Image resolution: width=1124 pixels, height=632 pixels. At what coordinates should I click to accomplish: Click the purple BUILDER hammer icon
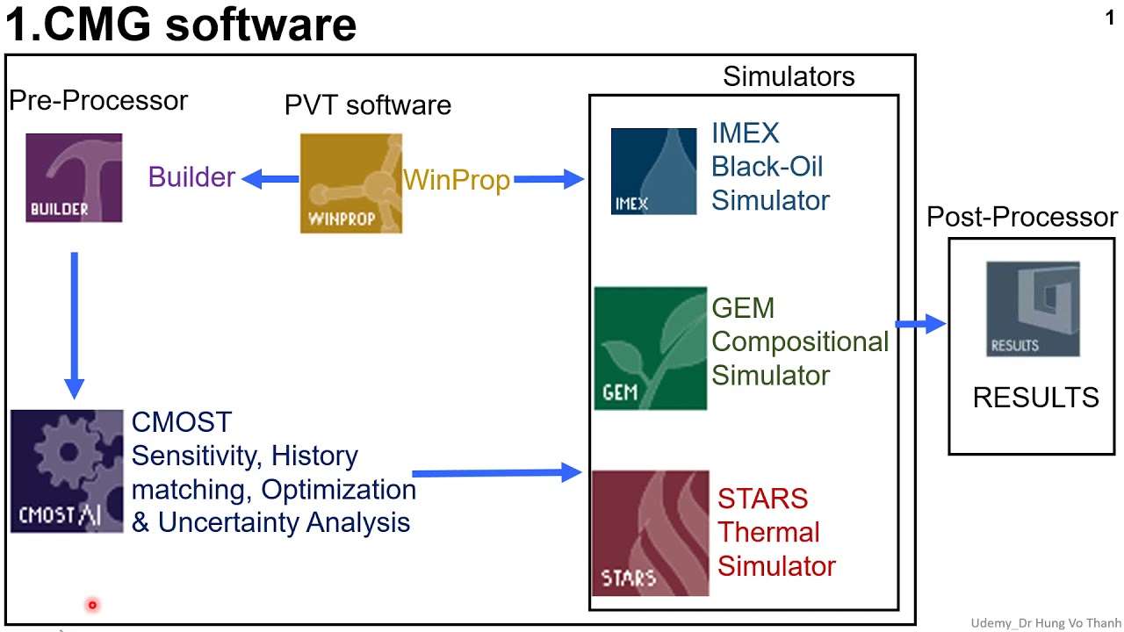[x=74, y=177]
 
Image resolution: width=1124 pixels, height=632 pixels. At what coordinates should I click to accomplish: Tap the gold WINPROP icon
[x=351, y=183]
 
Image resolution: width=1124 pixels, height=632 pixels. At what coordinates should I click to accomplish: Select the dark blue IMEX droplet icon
[x=653, y=171]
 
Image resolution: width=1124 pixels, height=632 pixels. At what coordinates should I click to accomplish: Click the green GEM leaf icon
[x=650, y=348]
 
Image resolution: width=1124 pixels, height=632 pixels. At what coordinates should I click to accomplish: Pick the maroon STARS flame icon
[x=650, y=533]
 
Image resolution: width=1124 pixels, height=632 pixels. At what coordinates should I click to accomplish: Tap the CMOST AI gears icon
[x=67, y=470]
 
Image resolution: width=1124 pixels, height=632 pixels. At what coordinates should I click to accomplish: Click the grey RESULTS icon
[x=1033, y=309]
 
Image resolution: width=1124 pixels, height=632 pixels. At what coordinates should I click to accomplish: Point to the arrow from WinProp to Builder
[x=270, y=179]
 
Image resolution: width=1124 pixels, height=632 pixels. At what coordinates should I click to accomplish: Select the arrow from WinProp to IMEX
[x=549, y=180]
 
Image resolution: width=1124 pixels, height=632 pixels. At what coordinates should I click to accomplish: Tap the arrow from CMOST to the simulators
[x=497, y=474]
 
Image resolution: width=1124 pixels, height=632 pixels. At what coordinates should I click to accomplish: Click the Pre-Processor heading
[x=98, y=101]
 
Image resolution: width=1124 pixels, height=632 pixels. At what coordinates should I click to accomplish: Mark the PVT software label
[x=368, y=105]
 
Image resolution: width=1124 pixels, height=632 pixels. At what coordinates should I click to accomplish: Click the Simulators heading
[x=789, y=77]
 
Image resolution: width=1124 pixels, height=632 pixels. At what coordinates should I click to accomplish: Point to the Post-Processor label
[x=1022, y=217]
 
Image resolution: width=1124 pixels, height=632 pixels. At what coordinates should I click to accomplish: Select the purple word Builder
[x=191, y=177]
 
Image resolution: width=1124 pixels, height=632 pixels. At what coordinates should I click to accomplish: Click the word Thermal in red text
[x=768, y=532]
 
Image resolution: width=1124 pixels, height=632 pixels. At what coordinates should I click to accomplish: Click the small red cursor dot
[x=91, y=605]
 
